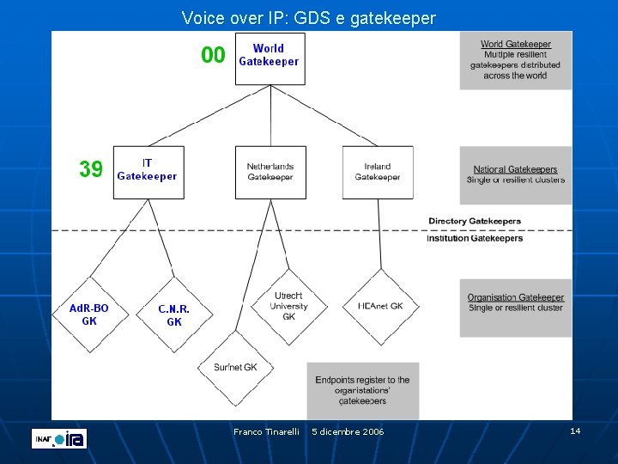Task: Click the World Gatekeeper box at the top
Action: (x=270, y=58)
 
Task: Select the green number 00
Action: (x=213, y=56)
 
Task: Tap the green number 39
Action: (x=91, y=169)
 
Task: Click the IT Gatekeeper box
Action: (x=148, y=171)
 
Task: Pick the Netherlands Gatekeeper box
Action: (x=270, y=172)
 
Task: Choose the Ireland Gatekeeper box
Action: (x=378, y=172)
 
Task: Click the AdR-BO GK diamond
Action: (x=89, y=314)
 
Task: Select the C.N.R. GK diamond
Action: (x=173, y=314)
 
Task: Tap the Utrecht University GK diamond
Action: (x=288, y=306)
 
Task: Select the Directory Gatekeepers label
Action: (x=475, y=221)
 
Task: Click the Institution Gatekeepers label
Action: (x=475, y=238)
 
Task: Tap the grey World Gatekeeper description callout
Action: (x=515, y=60)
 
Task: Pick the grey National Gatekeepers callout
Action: (x=515, y=174)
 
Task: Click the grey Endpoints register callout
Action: (x=362, y=390)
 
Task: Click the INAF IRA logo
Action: (x=59, y=438)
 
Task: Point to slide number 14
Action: (x=575, y=430)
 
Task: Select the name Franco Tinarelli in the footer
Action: (x=266, y=431)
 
